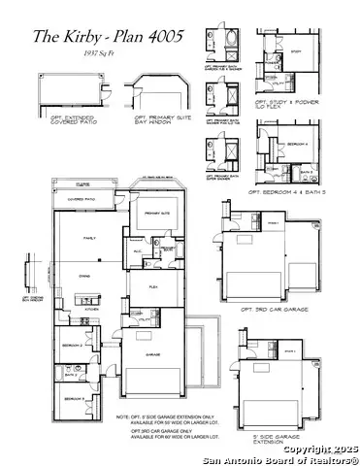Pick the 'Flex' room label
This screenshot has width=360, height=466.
(x=152, y=287)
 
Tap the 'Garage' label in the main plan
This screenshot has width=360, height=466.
(x=152, y=355)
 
